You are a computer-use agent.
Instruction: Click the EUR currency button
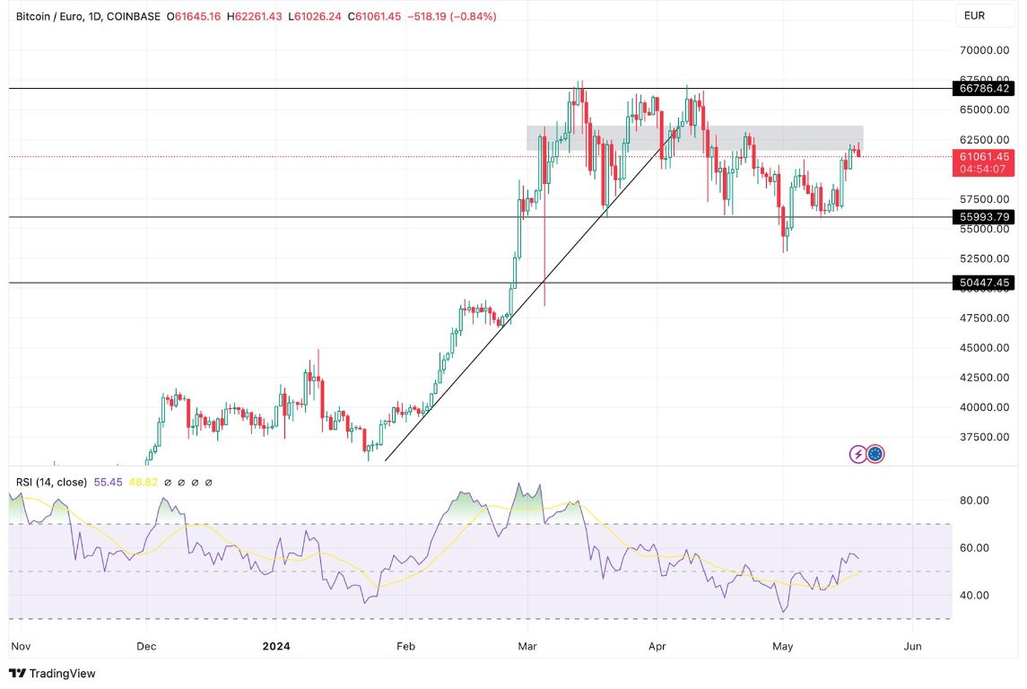coord(975,16)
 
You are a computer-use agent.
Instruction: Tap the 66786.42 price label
coord(984,88)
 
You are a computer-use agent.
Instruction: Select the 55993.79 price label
coord(984,217)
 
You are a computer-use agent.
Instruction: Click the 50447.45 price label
coord(984,283)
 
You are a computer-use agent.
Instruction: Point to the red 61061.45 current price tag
coord(984,156)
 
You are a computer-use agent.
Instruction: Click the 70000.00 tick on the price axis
coord(984,50)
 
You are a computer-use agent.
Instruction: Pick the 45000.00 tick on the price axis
coord(984,348)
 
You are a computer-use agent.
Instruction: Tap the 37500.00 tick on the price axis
coord(984,437)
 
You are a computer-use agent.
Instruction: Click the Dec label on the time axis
coord(145,646)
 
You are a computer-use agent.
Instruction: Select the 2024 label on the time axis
coord(275,646)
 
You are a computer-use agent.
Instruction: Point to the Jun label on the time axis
coord(912,646)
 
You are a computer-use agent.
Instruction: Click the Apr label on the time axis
coord(657,646)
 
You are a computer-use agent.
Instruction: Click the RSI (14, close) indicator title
coord(51,483)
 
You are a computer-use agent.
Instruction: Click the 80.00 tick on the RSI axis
coord(975,501)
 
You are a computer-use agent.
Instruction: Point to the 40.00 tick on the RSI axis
coord(975,595)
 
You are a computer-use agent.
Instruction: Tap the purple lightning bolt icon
coord(857,454)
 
